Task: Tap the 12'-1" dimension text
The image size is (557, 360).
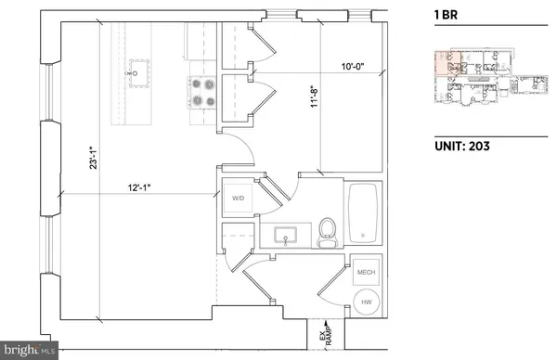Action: (141, 187)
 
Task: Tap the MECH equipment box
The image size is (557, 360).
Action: (365, 270)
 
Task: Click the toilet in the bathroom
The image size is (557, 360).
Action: (327, 233)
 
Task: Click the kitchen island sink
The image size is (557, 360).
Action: (142, 69)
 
